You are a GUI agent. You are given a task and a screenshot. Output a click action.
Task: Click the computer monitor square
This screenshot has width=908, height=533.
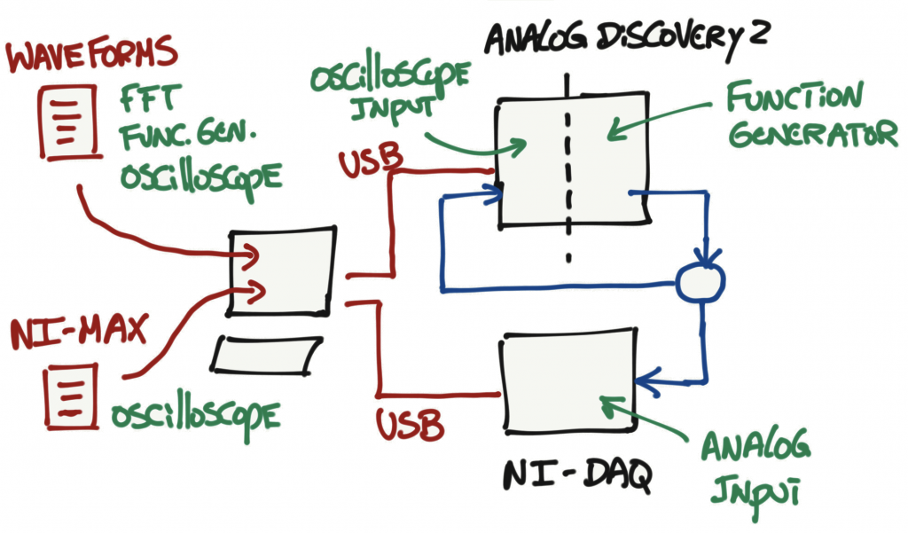283,271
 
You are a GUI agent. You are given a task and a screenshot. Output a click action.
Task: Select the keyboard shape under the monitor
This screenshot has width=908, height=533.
267,355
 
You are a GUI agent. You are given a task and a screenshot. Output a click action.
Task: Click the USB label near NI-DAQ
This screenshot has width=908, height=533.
410,424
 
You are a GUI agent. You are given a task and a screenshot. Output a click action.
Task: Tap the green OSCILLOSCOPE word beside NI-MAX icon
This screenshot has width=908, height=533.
196,415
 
